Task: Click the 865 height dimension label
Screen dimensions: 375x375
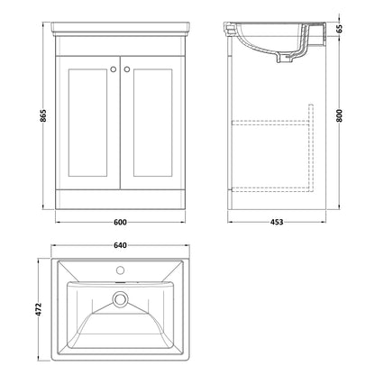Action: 43,115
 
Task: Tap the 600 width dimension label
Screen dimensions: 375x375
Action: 120,223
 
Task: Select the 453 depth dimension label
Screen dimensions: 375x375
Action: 277,223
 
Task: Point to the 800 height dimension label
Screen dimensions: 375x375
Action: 340,115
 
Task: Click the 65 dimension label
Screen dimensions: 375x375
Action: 340,29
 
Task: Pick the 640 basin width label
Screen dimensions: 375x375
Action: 120,245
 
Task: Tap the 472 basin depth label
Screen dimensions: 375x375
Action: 38,309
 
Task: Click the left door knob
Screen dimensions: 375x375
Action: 114,69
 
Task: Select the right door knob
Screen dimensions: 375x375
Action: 127,69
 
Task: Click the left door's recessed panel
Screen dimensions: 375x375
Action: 87,123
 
